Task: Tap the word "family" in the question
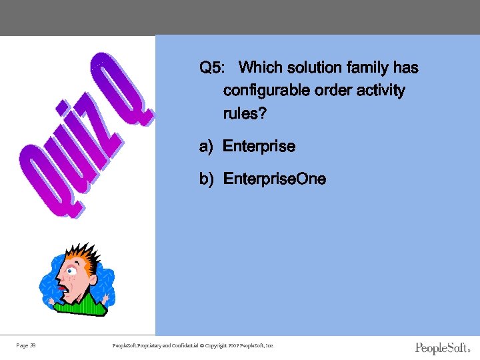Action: pos(368,68)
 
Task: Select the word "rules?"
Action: pos(245,114)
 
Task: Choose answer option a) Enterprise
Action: pos(247,146)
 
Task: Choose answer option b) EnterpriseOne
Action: pos(263,179)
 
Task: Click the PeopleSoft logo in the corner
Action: pos(442,348)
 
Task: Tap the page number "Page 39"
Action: pos(26,345)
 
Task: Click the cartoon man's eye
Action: pos(72,273)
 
